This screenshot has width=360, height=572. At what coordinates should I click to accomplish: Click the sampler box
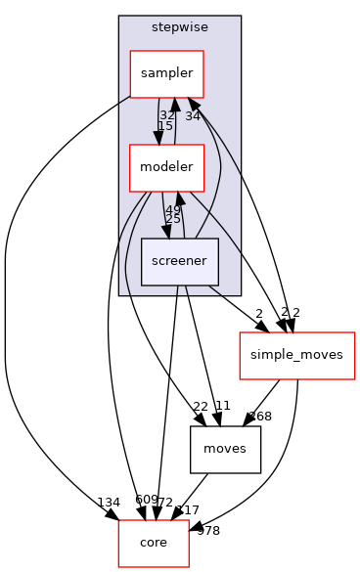[x=166, y=73]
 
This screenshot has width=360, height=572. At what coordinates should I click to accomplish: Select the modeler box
[x=166, y=167]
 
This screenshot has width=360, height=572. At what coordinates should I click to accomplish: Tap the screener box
[x=179, y=261]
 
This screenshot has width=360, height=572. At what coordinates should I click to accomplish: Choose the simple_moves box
[x=296, y=355]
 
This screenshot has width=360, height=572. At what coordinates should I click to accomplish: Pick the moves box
[x=225, y=449]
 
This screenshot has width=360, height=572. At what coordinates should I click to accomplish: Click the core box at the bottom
[x=154, y=543]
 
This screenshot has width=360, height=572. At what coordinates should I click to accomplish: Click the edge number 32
[x=167, y=115]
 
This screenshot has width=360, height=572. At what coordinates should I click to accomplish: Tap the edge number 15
[x=165, y=126]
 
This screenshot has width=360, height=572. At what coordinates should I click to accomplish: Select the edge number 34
[x=193, y=116]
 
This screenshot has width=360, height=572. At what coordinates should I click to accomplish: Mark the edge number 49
[x=173, y=209]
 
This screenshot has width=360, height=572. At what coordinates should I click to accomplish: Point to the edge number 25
[x=172, y=219]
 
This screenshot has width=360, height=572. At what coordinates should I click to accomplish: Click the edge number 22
[x=201, y=406]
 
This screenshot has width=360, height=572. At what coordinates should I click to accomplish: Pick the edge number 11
[x=222, y=406]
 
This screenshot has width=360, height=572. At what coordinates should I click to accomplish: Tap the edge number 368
[x=260, y=417]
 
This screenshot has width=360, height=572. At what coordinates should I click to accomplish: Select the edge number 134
[x=109, y=503]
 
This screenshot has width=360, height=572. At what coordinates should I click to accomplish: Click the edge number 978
[x=208, y=531]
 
